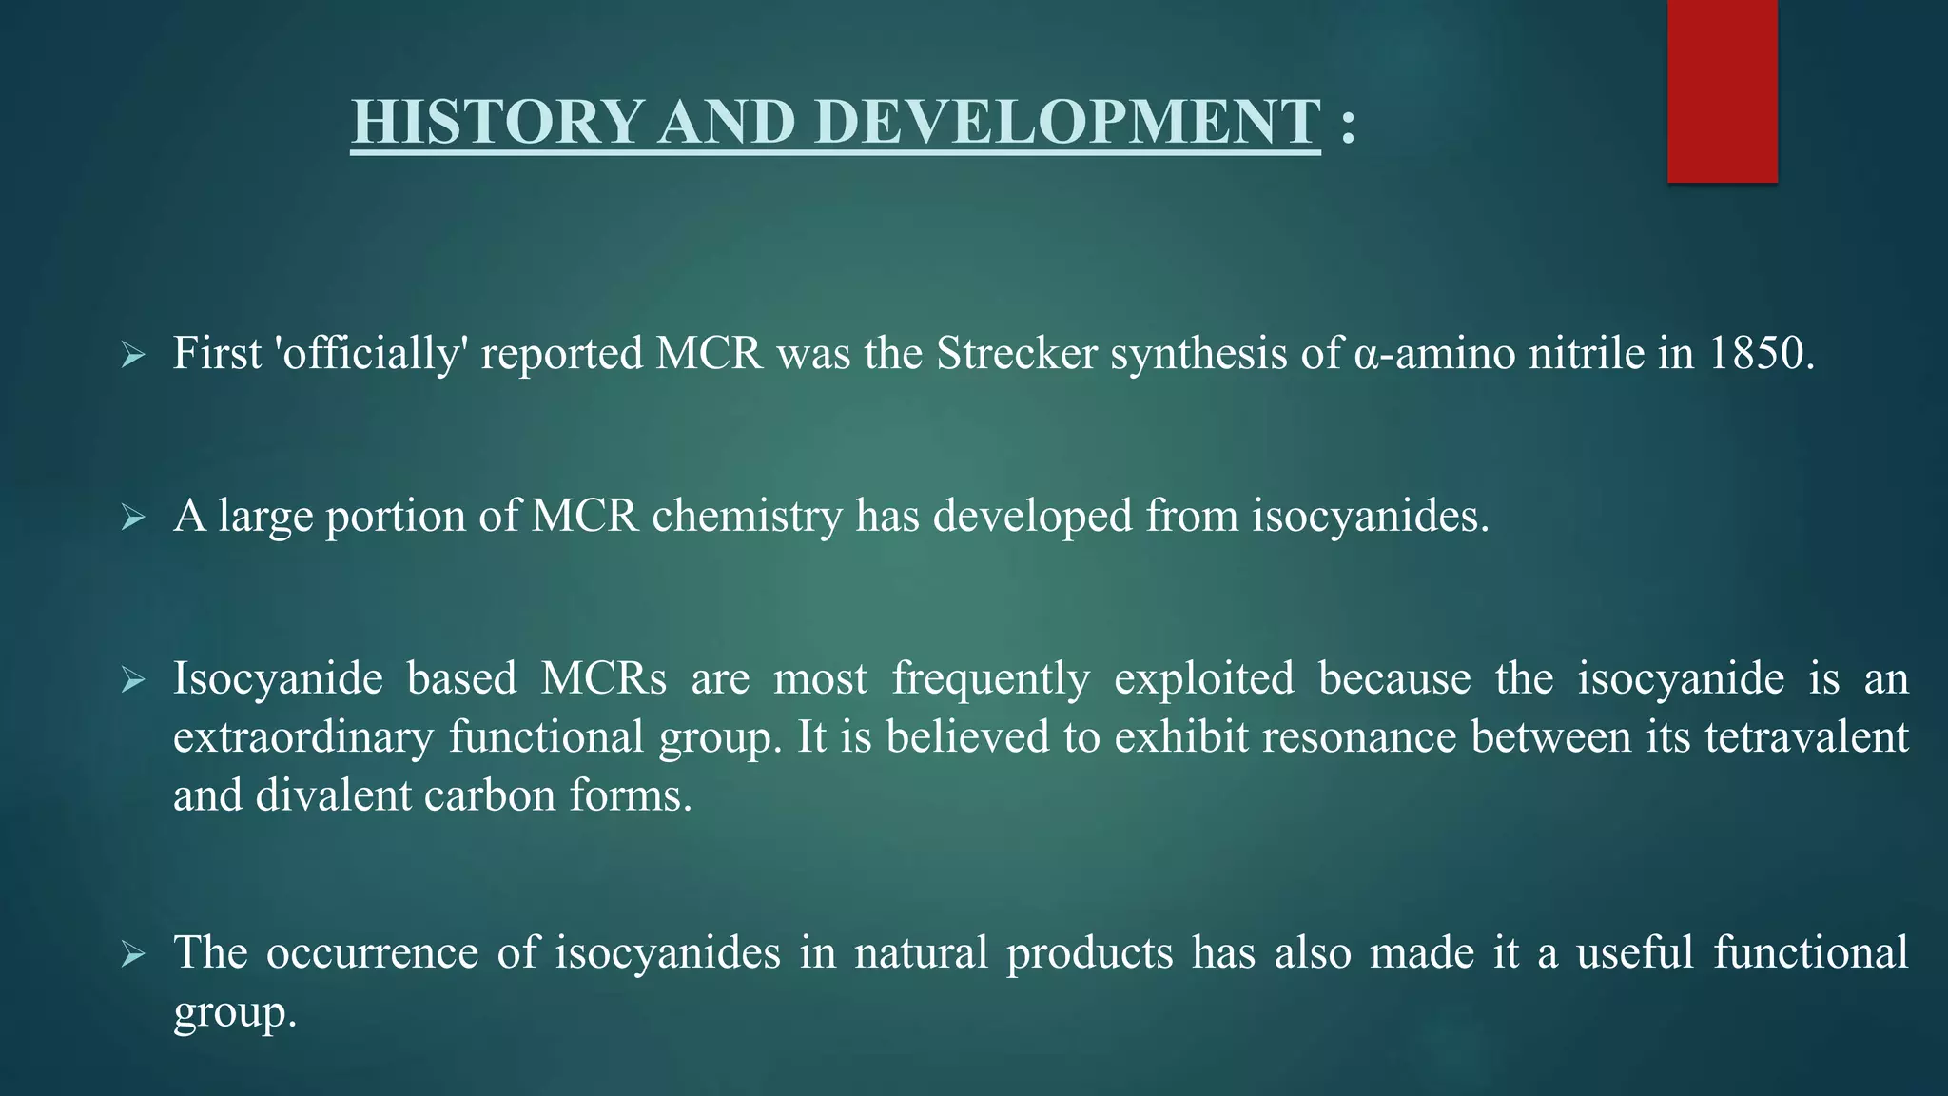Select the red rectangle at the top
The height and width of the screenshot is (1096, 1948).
tap(1722, 90)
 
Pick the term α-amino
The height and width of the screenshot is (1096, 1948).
tap(1433, 354)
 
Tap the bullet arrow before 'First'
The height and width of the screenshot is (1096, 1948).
tap(133, 357)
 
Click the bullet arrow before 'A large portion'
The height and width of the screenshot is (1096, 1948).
tap(133, 519)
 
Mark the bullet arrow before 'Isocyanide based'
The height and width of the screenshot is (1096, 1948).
tap(133, 680)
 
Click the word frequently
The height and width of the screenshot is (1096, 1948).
tap(990, 679)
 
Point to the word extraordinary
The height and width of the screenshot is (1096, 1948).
tap(303, 737)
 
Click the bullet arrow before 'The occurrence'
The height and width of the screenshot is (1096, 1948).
tap(133, 954)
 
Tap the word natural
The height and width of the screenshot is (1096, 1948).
tap(921, 953)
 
